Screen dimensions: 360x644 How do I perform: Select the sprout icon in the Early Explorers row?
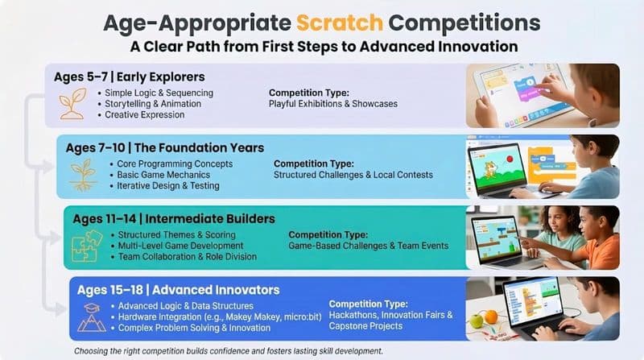click(x=73, y=103)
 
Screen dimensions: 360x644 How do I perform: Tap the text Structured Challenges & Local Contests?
click(x=353, y=174)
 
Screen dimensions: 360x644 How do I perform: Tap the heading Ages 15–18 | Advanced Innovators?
click(x=178, y=289)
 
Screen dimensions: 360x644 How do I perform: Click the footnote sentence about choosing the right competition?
click(x=229, y=351)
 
